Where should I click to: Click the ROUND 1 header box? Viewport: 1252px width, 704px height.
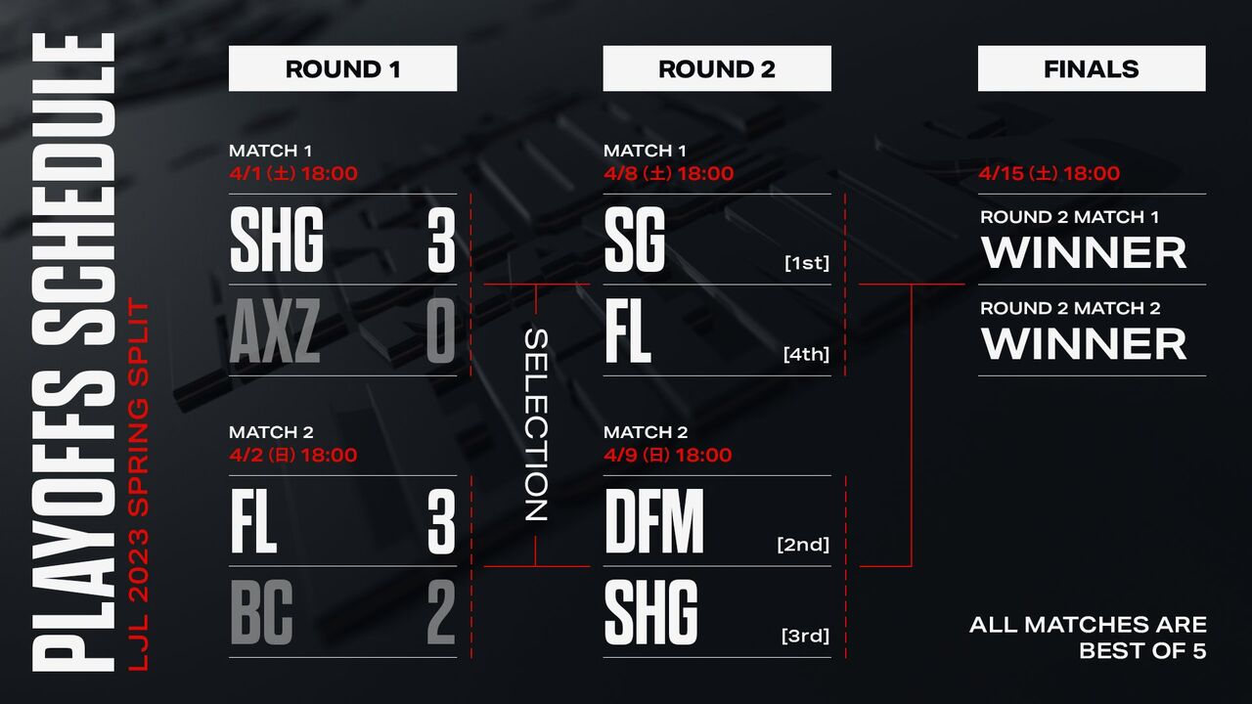tap(342, 69)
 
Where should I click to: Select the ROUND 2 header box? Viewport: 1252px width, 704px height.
tap(717, 69)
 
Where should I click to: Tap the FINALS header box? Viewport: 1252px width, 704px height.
tap(1092, 69)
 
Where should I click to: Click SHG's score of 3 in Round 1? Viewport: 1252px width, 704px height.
tap(441, 241)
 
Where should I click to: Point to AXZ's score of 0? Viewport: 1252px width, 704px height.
tap(441, 331)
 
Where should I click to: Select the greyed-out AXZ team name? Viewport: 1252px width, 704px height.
tap(276, 331)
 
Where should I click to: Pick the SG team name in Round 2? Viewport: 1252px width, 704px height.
tap(635, 241)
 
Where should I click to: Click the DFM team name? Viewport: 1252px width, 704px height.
tap(654, 522)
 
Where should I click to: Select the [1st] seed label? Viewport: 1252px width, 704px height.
tap(806, 263)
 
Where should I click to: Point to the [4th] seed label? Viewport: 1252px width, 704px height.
tap(806, 354)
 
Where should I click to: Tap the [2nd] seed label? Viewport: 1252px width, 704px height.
tap(803, 545)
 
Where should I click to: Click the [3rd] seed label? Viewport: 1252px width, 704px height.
tap(805, 636)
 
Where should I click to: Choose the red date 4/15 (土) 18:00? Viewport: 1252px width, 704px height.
tap(1050, 174)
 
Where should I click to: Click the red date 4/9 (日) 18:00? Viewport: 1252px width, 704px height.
tap(667, 455)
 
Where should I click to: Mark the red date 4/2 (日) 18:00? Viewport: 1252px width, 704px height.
tap(292, 455)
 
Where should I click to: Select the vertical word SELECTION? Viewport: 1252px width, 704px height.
tap(536, 424)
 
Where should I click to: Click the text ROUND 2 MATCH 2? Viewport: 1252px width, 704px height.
tap(1070, 308)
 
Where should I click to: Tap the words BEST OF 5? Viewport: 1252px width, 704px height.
tap(1142, 650)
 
